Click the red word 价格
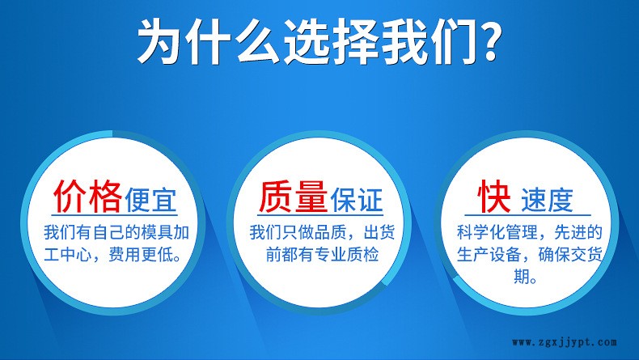87,196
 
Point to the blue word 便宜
150,200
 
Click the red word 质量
293,196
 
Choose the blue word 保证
357,200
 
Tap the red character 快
494,196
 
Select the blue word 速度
547,200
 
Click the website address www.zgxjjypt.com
565,342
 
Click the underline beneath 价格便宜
115,215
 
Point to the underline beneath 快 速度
527,215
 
